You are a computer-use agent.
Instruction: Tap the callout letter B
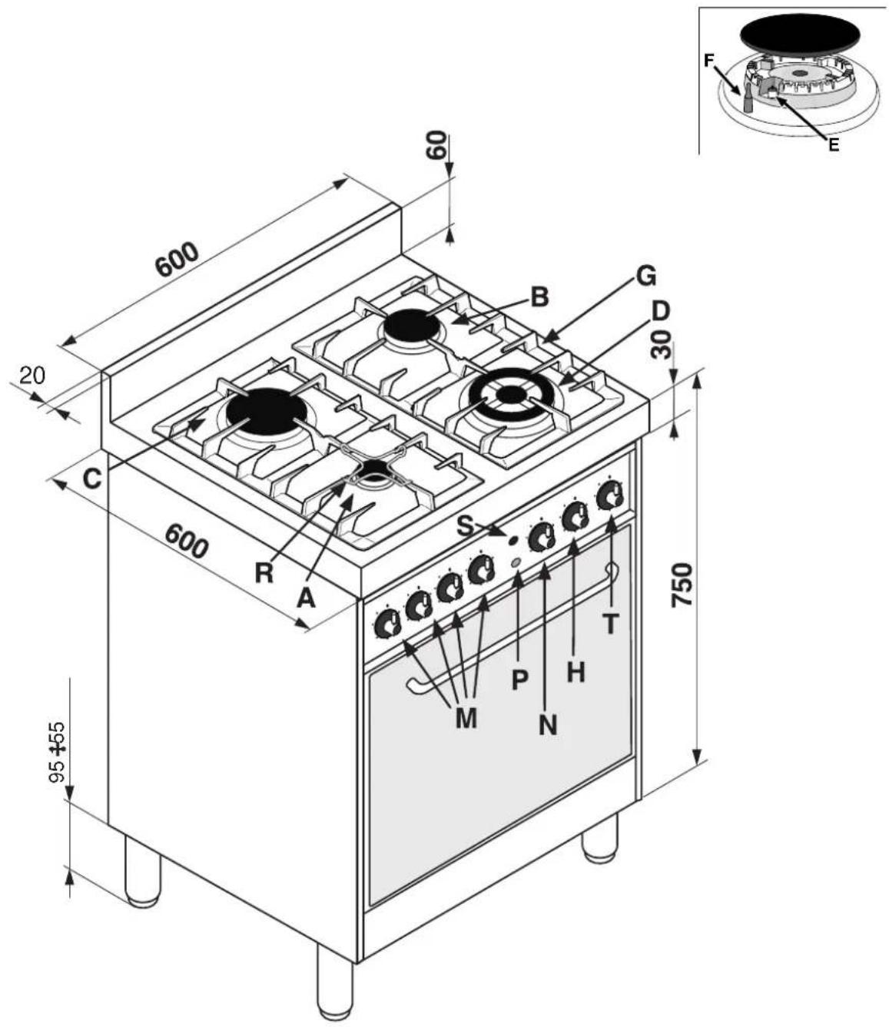click(539, 297)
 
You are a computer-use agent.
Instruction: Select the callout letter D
click(661, 312)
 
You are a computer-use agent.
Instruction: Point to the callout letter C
click(92, 479)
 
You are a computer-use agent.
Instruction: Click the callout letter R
click(264, 573)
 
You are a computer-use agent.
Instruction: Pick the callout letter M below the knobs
click(466, 717)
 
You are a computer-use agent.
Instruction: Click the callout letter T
click(611, 623)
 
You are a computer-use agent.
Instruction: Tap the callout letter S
click(466, 527)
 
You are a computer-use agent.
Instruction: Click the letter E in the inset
click(834, 144)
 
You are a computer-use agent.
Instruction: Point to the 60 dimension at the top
click(436, 144)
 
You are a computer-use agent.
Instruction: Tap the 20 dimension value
click(32, 375)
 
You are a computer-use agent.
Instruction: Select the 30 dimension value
click(662, 345)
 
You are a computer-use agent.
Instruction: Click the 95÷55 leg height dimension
click(58, 753)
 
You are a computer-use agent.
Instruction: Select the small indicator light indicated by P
click(516, 562)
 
